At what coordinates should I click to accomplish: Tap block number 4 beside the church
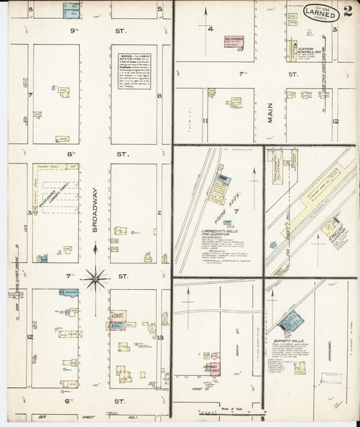pyautogui.click(x=211, y=29)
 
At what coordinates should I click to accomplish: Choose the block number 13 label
pyautogui.click(x=160, y=337)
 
